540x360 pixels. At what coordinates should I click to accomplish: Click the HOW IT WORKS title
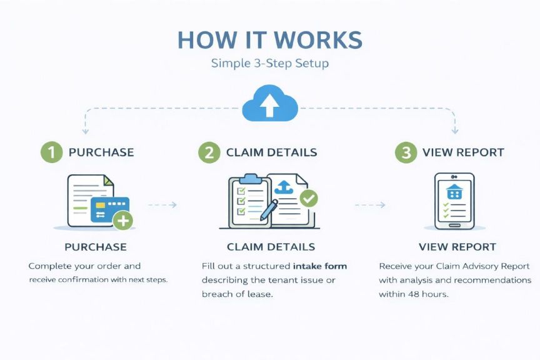269,40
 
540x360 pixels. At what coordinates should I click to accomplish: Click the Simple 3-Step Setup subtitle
269,64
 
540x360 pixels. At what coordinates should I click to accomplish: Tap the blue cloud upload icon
269,104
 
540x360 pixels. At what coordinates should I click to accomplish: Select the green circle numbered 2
209,152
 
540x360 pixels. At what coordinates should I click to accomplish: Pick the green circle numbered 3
406,152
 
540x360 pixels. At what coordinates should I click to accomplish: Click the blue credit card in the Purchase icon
109,209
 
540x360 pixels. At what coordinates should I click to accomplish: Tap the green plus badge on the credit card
123,220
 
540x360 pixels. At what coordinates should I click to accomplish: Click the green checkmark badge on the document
309,199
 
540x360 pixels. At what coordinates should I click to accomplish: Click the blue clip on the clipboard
250,178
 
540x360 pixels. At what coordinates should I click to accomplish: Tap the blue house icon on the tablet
454,191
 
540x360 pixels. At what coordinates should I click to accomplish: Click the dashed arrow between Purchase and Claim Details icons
162,204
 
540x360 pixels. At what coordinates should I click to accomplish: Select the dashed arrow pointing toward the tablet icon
370,204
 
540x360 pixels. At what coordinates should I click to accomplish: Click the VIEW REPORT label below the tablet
457,247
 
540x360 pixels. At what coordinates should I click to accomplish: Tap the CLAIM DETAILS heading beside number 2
271,152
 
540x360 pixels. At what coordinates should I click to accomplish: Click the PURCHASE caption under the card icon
95,247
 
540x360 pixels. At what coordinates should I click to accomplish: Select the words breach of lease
237,294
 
